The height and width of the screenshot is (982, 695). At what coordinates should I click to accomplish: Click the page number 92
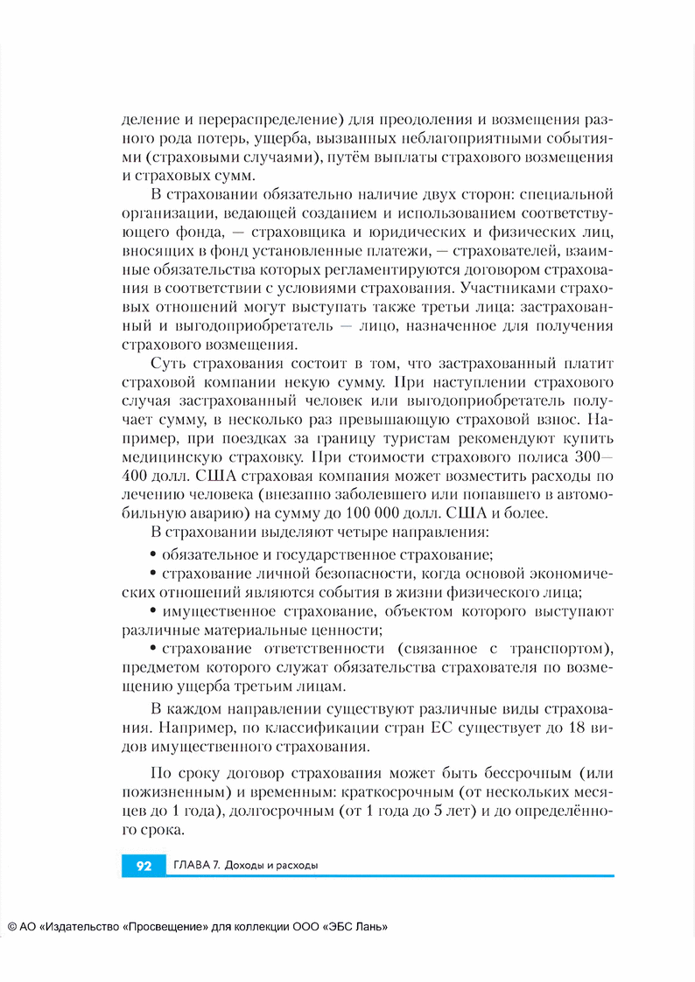144,866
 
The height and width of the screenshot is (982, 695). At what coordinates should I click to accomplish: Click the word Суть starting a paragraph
169,363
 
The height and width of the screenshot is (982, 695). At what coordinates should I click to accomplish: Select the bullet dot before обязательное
154,554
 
